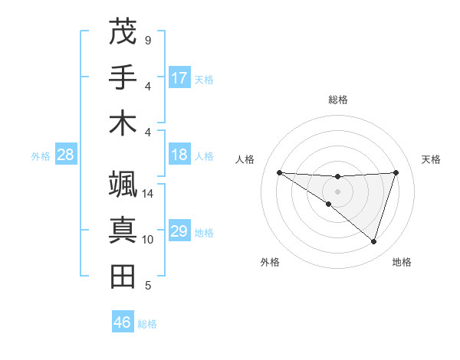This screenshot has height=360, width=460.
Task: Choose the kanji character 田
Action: point(123,276)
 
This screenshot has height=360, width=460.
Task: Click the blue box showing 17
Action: point(179,78)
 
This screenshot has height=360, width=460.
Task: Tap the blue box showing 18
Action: point(179,155)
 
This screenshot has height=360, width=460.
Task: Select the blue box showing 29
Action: point(179,232)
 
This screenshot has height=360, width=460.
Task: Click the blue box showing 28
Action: point(66,155)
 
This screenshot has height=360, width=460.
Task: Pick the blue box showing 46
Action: point(123,322)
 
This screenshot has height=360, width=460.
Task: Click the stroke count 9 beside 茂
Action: point(148,40)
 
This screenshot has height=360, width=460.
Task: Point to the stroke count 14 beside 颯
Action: point(148,194)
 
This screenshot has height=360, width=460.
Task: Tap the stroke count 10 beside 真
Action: point(148,240)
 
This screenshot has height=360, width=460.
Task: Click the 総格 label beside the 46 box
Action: point(147,324)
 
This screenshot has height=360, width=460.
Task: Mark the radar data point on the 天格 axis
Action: point(396,172)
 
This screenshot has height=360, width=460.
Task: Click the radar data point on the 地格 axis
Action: point(374,242)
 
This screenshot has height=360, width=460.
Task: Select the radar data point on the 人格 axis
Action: point(279,172)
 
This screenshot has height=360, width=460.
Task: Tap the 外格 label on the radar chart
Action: point(270,262)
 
